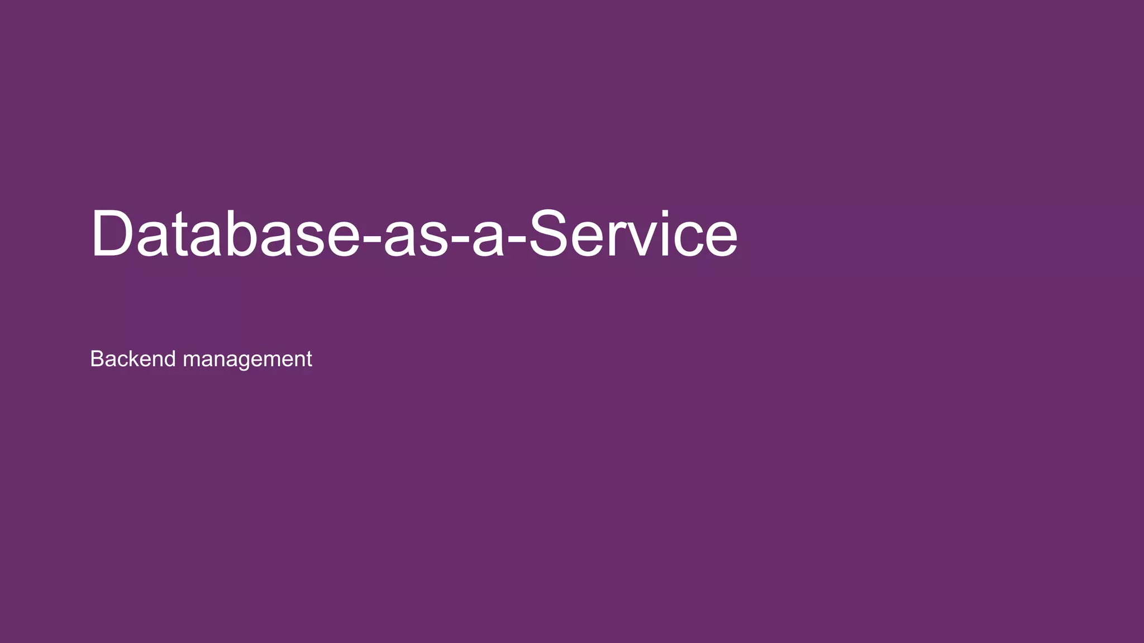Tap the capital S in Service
pos(550,233)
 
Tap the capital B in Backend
pos(96,359)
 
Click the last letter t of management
pos(309,359)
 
